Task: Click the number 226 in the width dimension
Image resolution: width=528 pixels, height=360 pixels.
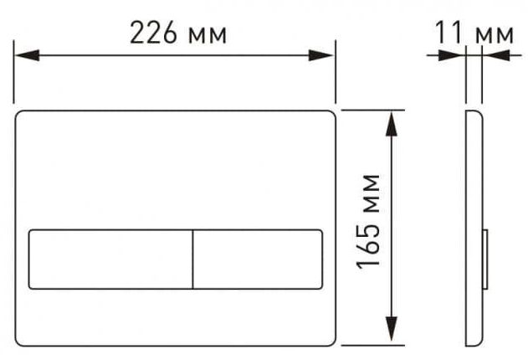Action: [x=153, y=33]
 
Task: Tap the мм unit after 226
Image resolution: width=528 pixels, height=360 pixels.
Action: [x=208, y=36]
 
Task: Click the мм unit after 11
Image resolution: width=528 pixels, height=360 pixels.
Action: [x=495, y=36]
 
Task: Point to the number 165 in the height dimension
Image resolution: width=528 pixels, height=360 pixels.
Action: [x=368, y=245]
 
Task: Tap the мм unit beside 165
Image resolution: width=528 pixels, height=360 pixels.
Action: [x=372, y=193]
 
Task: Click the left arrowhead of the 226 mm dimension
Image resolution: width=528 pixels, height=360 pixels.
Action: [x=27, y=55]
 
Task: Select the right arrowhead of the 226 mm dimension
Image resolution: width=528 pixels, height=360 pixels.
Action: [x=321, y=55]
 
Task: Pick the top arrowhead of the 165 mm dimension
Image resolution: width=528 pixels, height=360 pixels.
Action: [x=392, y=124]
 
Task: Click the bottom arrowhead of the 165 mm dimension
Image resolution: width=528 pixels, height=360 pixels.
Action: [x=392, y=330]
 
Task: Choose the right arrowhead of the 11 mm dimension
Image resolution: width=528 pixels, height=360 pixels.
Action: [x=496, y=55]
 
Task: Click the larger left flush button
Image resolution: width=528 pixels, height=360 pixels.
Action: [x=110, y=260]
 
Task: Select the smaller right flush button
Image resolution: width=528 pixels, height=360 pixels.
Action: [x=258, y=260]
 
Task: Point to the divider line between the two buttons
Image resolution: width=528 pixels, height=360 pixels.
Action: [x=193, y=260]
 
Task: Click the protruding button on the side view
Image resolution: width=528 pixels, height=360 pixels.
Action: [x=485, y=260]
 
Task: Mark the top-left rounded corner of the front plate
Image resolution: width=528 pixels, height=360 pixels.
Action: [x=18, y=112]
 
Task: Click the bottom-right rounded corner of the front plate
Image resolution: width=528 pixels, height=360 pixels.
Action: [x=333, y=343]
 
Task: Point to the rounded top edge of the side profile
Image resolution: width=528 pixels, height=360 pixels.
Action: [x=475, y=111]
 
